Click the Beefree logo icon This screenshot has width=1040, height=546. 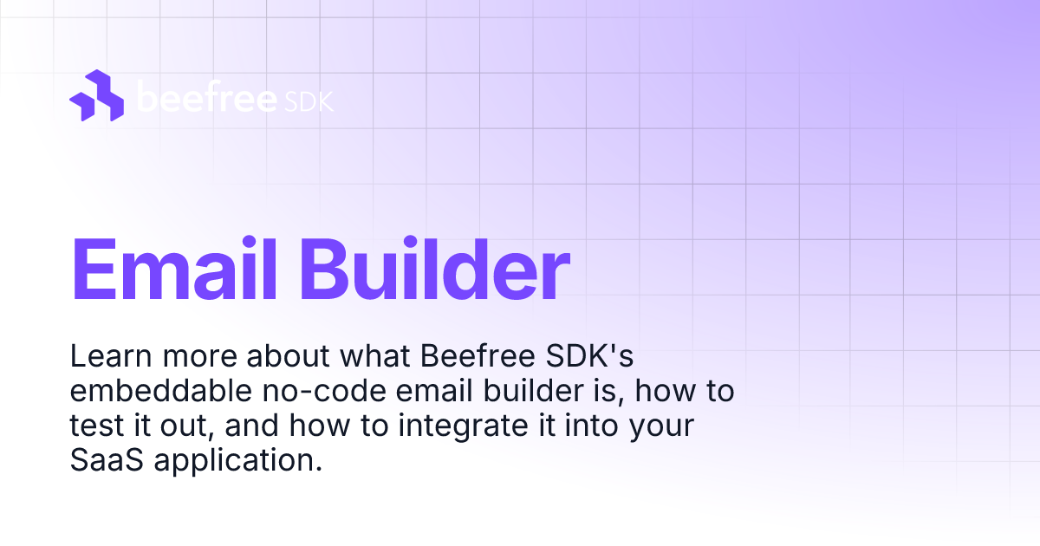coord(96,95)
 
